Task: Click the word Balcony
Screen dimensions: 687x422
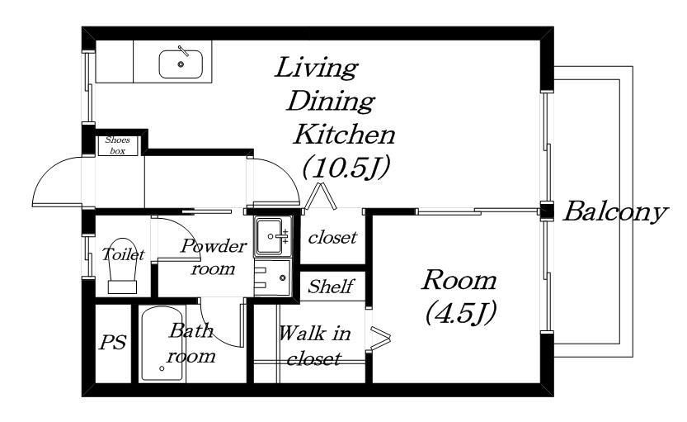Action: [615, 212]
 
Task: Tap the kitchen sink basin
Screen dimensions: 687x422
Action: [181, 64]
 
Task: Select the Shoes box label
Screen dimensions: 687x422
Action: [117, 145]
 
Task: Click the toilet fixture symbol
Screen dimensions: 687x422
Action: [122, 266]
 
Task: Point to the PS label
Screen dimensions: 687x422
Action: [113, 342]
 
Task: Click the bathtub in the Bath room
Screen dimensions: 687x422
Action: [162, 344]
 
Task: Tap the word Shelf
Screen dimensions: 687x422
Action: [331, 287]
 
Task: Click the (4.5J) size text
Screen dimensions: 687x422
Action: [460, 313]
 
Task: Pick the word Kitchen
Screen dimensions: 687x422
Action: [345, 135]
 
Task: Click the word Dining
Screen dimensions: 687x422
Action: [331, 101]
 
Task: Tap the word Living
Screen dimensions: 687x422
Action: [317, 68]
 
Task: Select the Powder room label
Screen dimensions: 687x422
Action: [214, 257]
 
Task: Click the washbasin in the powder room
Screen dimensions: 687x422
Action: [269, 236]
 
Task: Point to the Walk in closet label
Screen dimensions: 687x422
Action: [314, 346]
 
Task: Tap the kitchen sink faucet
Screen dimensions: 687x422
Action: [184, 51]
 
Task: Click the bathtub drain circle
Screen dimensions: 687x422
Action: [162, 369]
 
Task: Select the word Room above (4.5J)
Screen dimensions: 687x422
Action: [459, 280]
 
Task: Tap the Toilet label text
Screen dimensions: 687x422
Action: [123, 254]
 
